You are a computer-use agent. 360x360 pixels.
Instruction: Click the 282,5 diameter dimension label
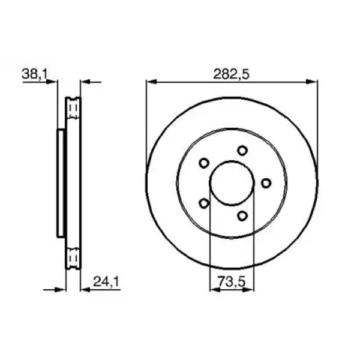coord(231,74)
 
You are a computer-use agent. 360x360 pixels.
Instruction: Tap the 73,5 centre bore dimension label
coord(232,281)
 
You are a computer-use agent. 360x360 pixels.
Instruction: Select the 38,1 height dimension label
coord(34,74)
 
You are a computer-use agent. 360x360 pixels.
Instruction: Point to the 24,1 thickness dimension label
coord(107,281)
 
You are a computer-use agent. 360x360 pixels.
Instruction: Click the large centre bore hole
coord(232,183)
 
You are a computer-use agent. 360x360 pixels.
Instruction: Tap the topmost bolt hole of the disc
coord(242,151)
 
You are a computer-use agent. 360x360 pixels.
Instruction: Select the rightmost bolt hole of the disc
coord(266,183)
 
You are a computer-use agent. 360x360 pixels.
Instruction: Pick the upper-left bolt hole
coord(203,163)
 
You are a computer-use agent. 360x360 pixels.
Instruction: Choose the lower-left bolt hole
coord(204,203)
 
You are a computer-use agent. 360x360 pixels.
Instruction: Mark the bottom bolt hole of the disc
coord(242,216)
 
